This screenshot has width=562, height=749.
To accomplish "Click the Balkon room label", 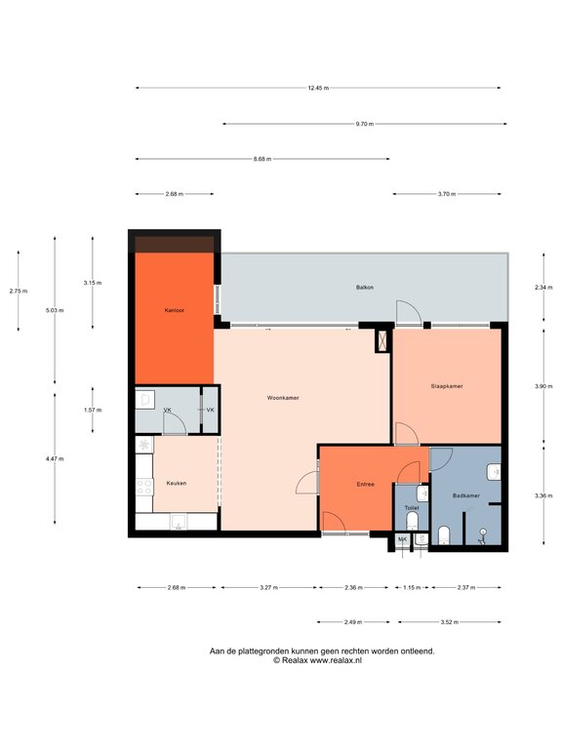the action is (x=365, y=288).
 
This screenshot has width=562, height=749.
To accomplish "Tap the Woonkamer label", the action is (x=283, y=398).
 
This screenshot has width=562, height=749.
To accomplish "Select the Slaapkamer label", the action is (x=447, y=386).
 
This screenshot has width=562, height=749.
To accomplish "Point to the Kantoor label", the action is (x=174, y=310).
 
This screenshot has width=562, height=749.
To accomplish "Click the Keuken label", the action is (x=177, y=484).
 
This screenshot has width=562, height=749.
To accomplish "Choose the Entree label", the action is (x=366, y=485).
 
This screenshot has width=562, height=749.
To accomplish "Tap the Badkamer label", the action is (x=466, y=495).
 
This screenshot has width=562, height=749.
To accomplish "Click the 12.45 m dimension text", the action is (x=318, y=88).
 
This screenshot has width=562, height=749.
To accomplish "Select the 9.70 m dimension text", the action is (x=365, y=124).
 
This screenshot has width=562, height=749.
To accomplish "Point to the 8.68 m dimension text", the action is (x=262, y=159).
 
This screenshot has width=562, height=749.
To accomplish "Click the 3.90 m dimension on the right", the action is (x=543, y=386).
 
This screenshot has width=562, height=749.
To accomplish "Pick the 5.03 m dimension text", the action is (x=55, y=310).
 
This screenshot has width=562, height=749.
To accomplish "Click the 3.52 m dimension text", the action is (x=449, y=622).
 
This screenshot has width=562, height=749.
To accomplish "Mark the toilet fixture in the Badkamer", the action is (x=444, y=535).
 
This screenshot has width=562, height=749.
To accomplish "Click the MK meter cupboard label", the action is (x=402, y=539).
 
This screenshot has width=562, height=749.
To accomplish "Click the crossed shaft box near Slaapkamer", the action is (x=383, y=340).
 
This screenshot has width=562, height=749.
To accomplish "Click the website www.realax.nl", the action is (x=336, y=660).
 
